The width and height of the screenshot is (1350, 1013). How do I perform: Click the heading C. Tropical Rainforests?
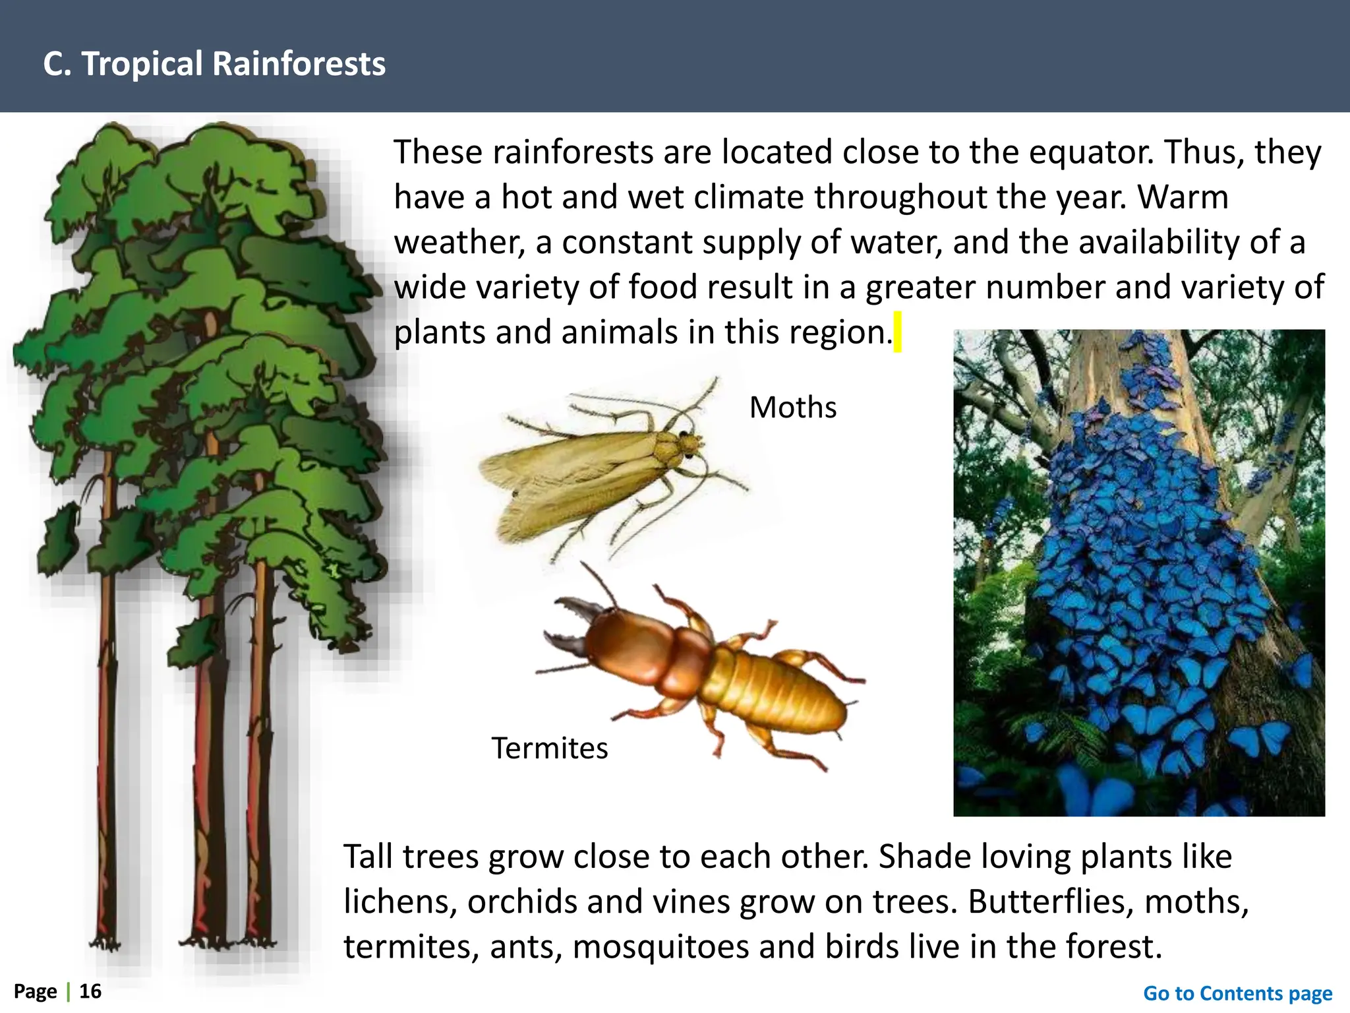click(x=214, y=64)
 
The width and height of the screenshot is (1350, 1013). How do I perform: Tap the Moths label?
click(x=792, y=408)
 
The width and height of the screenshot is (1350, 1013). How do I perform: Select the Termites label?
click(x=549, y=749)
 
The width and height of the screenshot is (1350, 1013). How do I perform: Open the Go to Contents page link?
click(x=1237, y=993)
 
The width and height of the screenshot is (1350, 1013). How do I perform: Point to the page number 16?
click(x=90, y=991)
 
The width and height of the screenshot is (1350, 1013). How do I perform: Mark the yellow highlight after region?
click(x=897, y=332)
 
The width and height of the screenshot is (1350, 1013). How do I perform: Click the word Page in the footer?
click(x=36, y=991)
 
